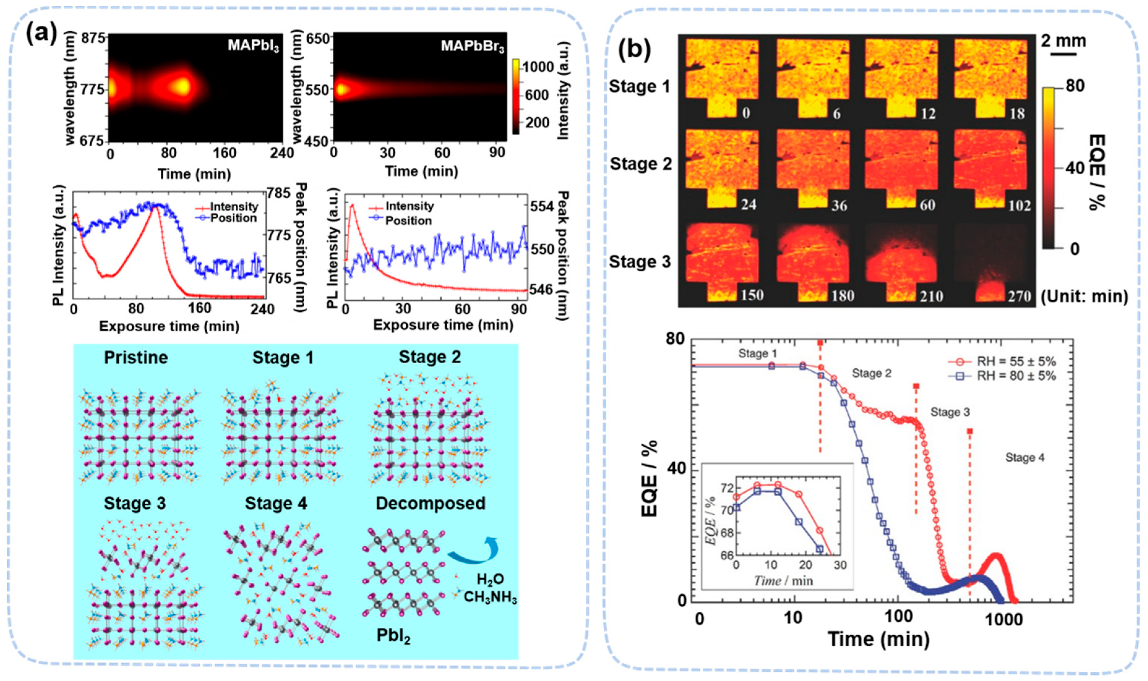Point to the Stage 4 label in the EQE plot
click(1025, 458)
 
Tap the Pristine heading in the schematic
click(136, 357)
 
